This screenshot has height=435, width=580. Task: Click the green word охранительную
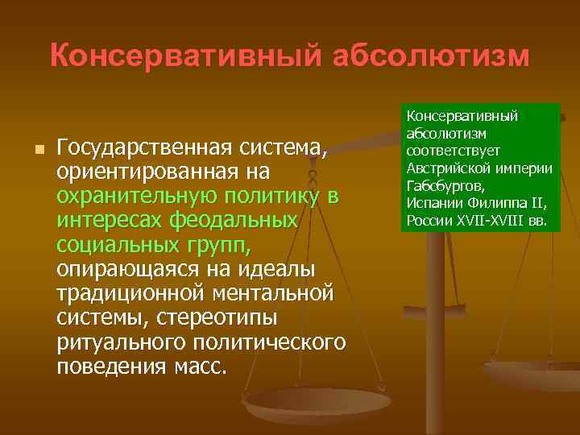point(143,197)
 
